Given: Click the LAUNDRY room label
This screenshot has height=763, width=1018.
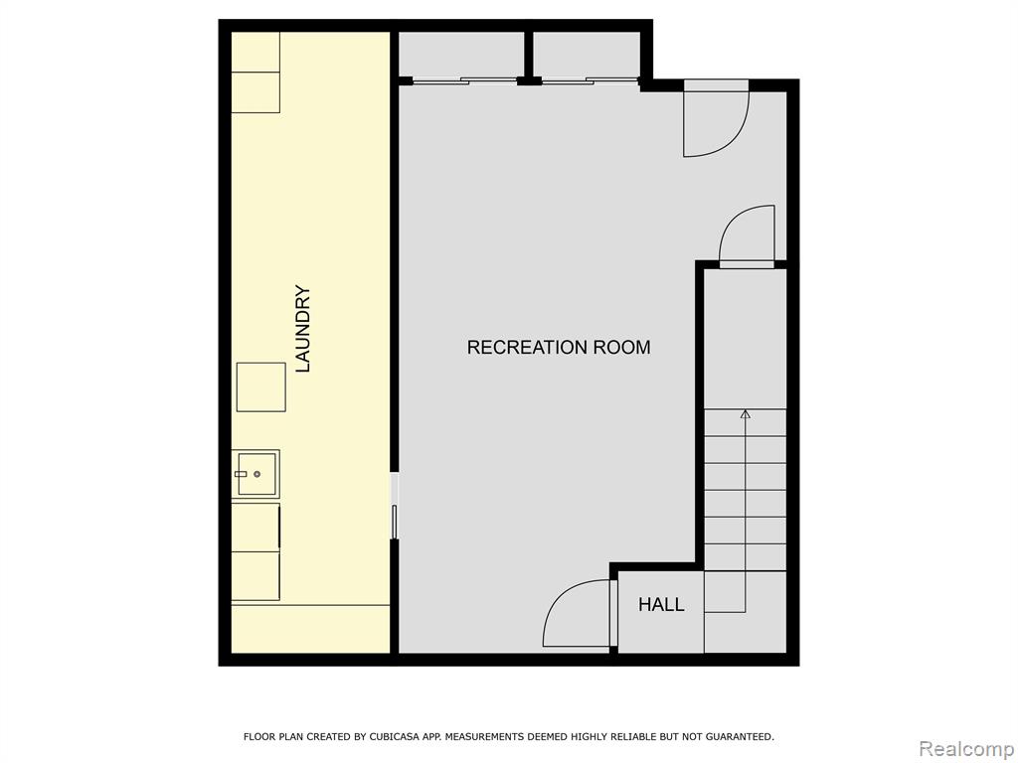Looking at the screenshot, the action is [303, 328].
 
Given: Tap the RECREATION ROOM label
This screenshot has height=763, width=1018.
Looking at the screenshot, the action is [559, 347].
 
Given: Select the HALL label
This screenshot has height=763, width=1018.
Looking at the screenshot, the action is [661, 605].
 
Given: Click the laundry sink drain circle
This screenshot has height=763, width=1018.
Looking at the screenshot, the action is [257, 474].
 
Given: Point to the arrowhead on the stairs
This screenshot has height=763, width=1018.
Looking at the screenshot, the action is [746, 414].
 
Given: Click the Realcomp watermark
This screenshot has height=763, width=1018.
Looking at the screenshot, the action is [966, 749].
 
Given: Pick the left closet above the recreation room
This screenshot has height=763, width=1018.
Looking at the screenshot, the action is [460, 56].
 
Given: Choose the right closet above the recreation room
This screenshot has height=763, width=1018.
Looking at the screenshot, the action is [587, 56].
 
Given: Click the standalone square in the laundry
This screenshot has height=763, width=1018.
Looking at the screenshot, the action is [261, 387].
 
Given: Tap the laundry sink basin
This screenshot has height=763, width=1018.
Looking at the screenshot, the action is [256, 474].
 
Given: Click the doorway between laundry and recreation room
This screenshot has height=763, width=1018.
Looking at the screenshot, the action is [394, 506].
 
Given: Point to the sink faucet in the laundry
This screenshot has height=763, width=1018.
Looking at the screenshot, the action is [241, 474].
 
